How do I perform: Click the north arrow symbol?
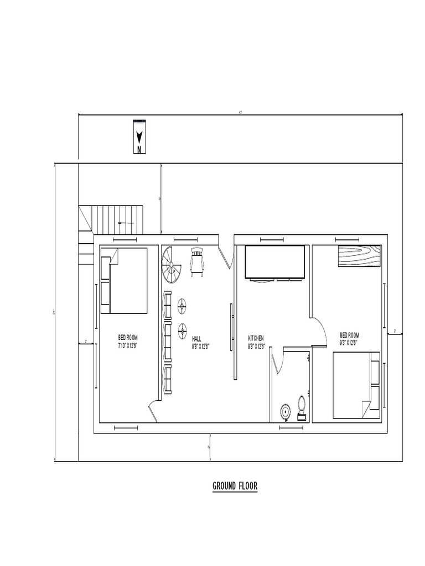(139, 137)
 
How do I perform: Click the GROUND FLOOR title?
(235, 486)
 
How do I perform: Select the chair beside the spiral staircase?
(197, 261)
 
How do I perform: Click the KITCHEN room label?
(256, 338)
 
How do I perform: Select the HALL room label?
(197, 338)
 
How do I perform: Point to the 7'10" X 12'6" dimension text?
(127, 345)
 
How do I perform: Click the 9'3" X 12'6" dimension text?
(349, 342)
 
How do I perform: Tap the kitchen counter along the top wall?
(274, 263)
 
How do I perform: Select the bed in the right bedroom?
(356, 385)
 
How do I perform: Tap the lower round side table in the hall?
(182, 331)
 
